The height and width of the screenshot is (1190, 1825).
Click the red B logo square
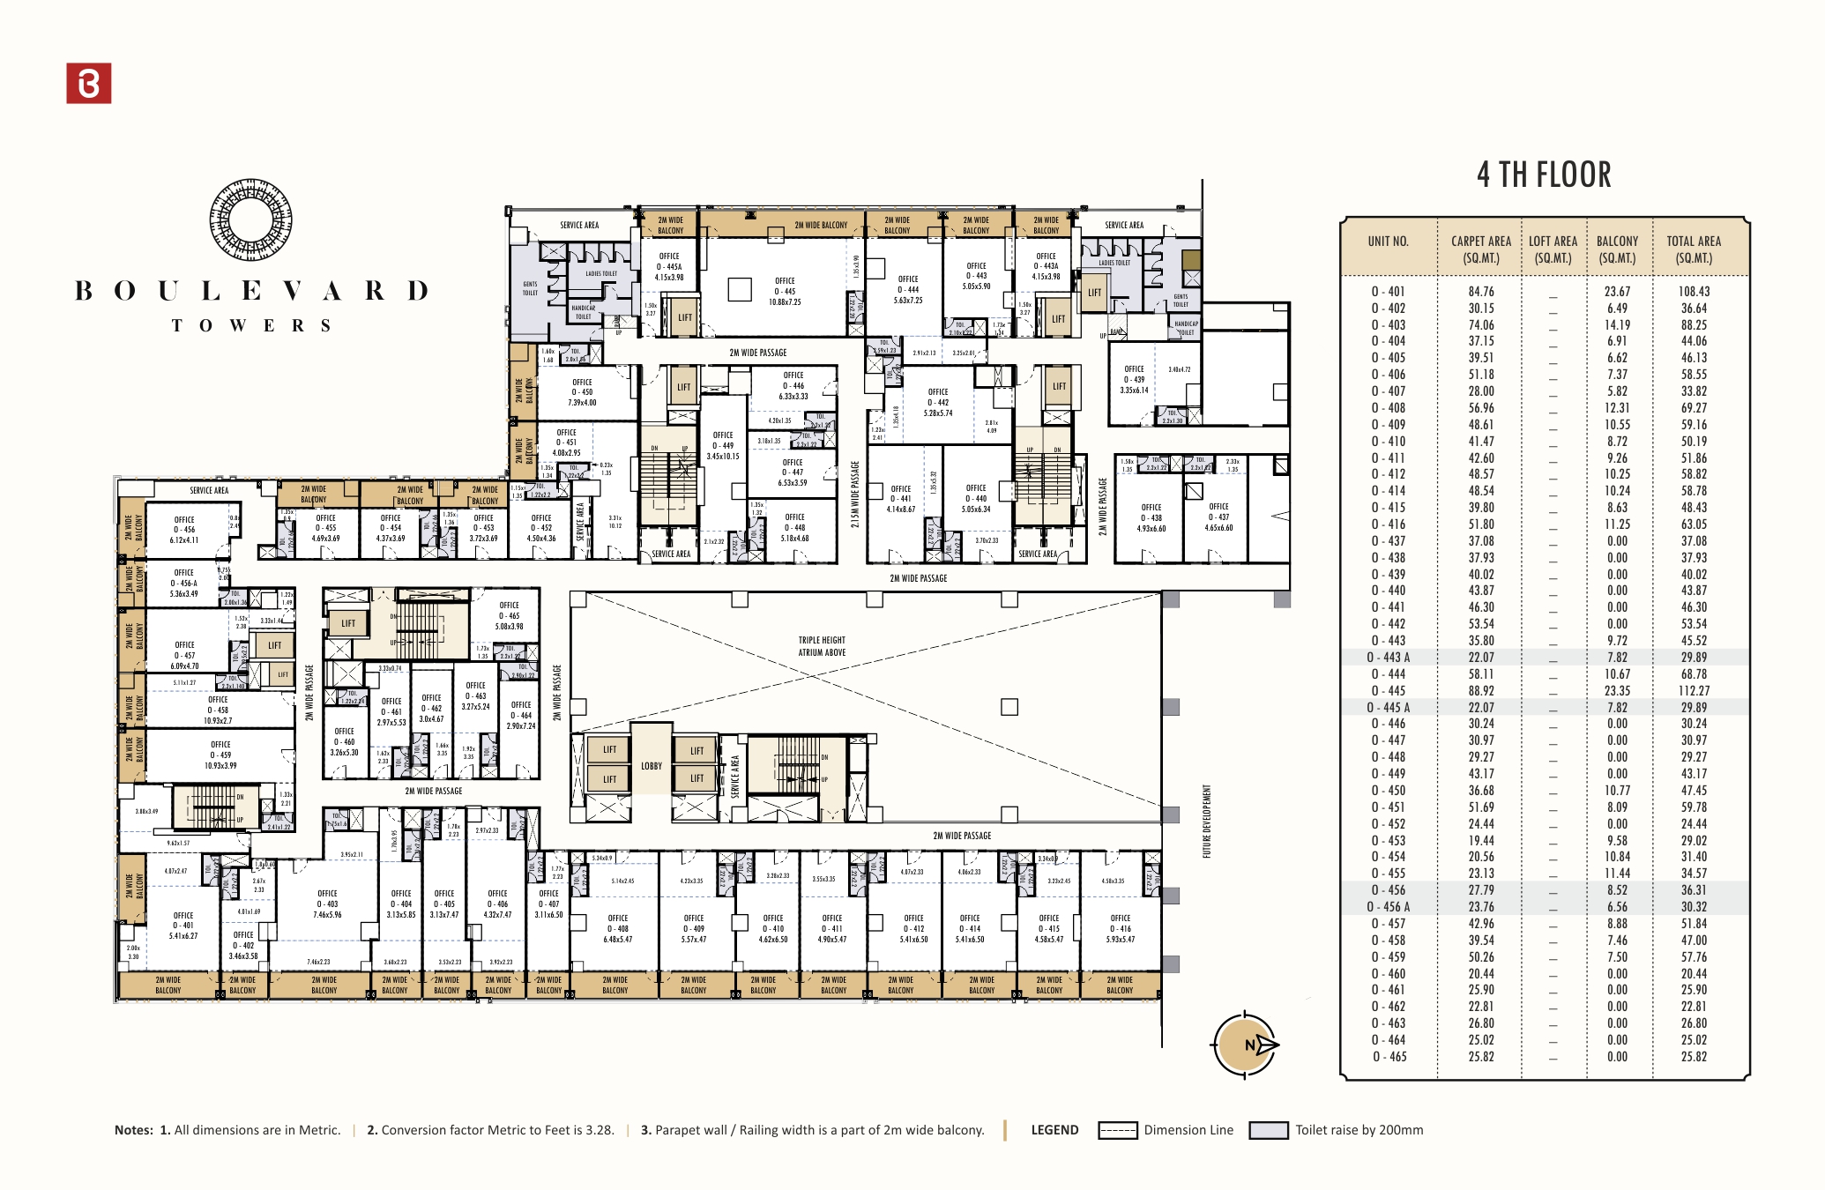(x=89, y=84)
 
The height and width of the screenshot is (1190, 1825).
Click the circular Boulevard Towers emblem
(x=251, y=220)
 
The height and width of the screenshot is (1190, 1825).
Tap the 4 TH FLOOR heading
(x=1544, y=175)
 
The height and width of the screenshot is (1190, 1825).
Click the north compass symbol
(x=1247, y=1045)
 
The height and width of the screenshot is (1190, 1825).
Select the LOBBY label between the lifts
(x=652, y=766)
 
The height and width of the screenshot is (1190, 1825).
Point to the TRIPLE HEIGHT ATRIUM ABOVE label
(x=822, y=646)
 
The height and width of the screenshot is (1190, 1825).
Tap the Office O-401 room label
(x=183, y=926)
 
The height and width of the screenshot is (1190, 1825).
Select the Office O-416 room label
(x=1121, y=928)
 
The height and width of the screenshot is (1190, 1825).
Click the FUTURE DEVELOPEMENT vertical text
(x=1207, y=822)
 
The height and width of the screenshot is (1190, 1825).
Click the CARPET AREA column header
(x=1480, y=249)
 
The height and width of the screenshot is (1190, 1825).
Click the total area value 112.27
(x=1693, y=691)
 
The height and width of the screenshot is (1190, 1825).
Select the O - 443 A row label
(x=1389, y=658)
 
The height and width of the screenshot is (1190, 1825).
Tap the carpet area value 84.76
(x=1480, y=292)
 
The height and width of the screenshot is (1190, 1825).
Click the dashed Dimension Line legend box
(x=1117, y=1131)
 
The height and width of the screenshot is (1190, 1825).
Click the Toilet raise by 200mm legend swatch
(x=1269, y=1131)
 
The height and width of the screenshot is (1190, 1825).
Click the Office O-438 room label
(x=1151, y=517)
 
